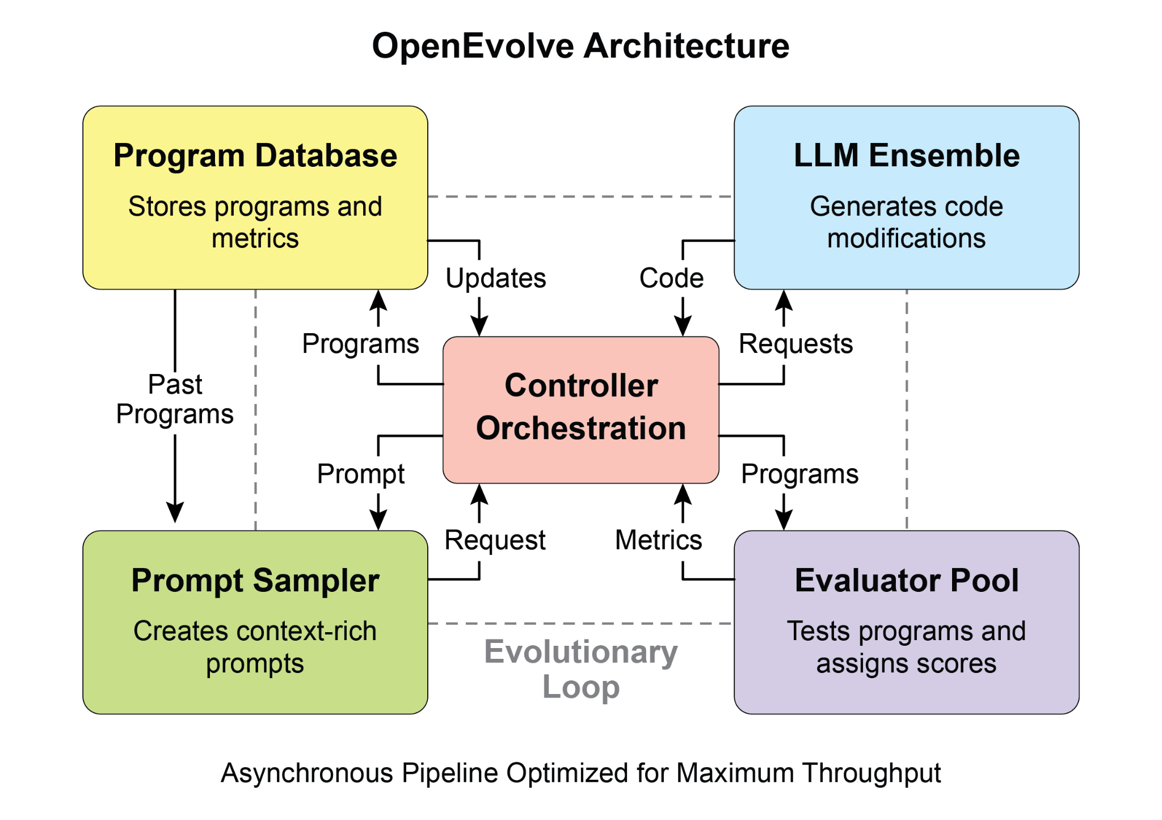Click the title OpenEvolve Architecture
point(580,45)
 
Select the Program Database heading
point(255,155)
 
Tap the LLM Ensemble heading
point(906,155)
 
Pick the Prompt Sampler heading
point(255,581)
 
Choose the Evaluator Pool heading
point(906,581)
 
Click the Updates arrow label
point(495,278)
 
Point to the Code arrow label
point(671,278)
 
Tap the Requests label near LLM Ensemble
point(795,344)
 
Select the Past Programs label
point(175,399)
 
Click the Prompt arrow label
point(361,474)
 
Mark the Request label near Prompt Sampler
point(495,540)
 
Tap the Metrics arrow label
point(658,540)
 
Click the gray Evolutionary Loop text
point(580,668)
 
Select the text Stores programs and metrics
point(255,222)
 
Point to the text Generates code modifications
point(906,222)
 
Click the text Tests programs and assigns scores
point(906,647)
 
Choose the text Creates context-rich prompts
point(255,647)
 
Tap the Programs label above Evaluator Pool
point(799,474)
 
